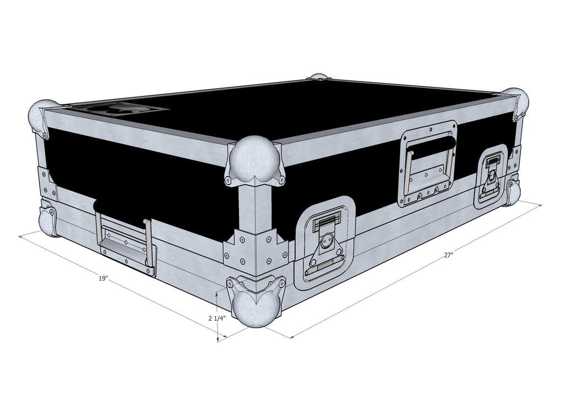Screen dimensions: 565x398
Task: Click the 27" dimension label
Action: click(x=448, y=255)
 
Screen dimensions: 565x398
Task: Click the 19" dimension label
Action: click(x=103, y=278)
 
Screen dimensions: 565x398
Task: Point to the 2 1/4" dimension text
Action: click(x=216, y=318)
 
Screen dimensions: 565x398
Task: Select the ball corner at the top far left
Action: click(x=43, y=117)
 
